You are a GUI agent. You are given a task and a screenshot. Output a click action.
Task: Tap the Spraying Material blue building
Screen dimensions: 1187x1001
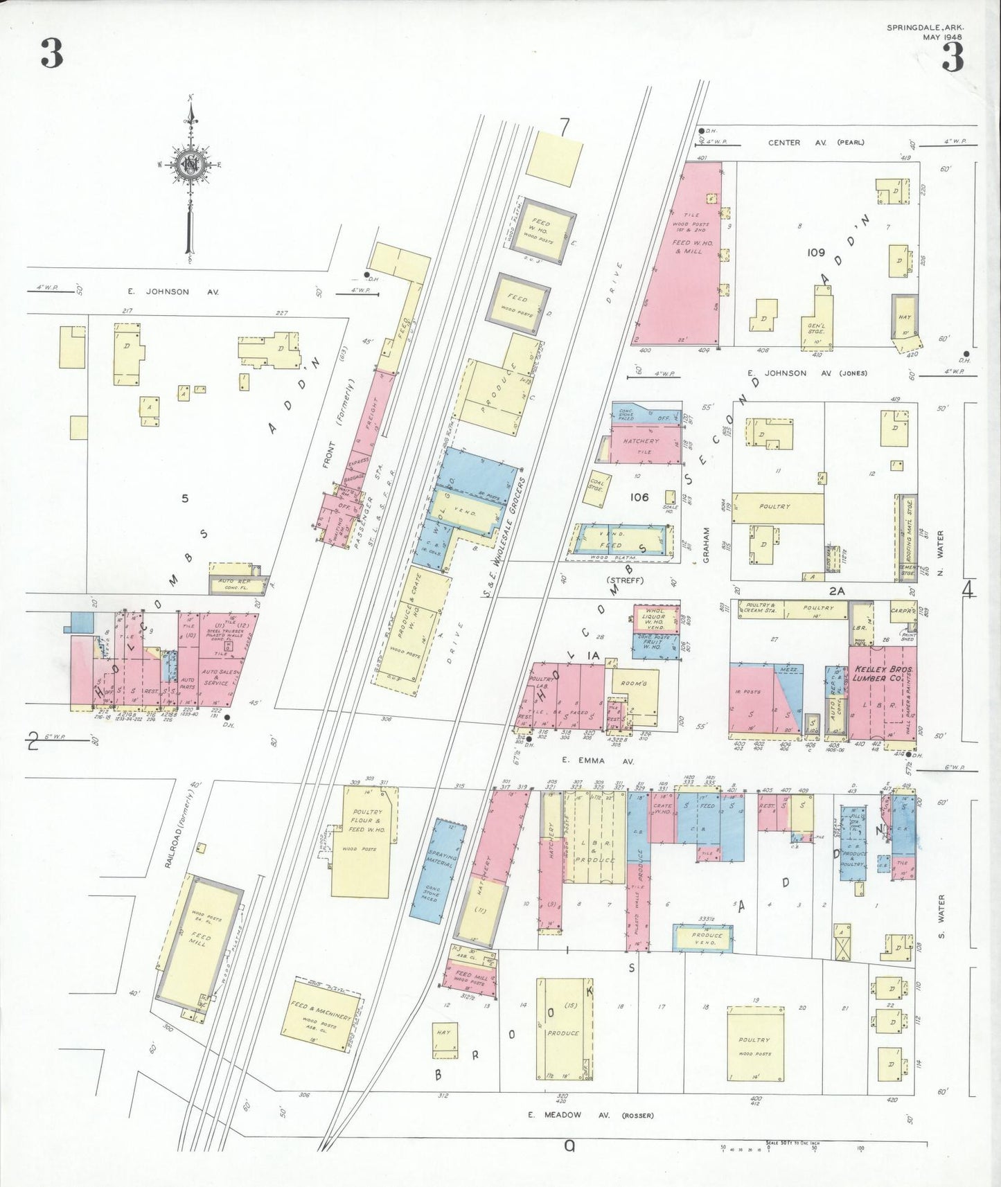click(438, 868)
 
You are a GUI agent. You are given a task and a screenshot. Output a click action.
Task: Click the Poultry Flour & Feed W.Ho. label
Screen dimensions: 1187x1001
click(366, 821)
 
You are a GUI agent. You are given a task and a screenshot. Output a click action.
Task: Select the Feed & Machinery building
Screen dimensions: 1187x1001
click(321, 1016)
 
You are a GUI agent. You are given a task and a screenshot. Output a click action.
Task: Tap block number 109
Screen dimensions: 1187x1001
click(815, 253)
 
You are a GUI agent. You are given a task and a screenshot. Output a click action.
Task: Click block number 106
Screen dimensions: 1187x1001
click(639, 497)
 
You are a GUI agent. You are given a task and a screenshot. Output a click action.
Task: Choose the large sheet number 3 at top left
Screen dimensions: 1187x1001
click(52, 53)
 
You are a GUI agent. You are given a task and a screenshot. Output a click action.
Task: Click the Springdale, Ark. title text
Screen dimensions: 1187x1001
click(925, 28)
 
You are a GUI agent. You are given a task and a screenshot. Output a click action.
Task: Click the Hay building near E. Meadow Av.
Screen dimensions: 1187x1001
click(443, 1039)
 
